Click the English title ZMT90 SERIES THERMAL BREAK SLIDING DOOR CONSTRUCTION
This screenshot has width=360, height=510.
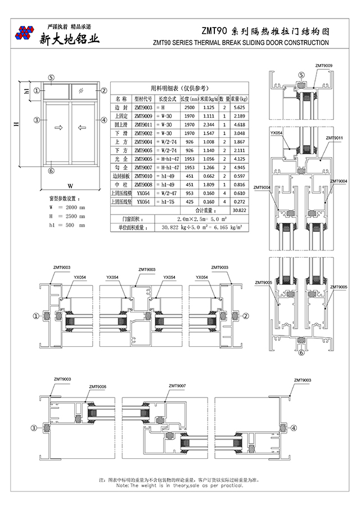coord(241,43)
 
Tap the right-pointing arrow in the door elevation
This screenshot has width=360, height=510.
coord(57,128)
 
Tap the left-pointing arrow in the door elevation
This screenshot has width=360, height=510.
coord(82,128)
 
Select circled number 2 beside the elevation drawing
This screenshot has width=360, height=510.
coord(103,90)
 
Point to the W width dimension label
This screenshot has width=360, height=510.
coord(70,185)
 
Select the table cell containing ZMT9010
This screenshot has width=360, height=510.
coord(143,176)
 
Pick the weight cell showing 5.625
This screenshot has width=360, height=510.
coord(238,107)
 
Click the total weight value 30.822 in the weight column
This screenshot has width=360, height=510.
coord(238,209)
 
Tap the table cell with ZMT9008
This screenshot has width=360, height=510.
coord(143,185)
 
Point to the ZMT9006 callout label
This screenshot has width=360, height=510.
coord(97,387)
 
